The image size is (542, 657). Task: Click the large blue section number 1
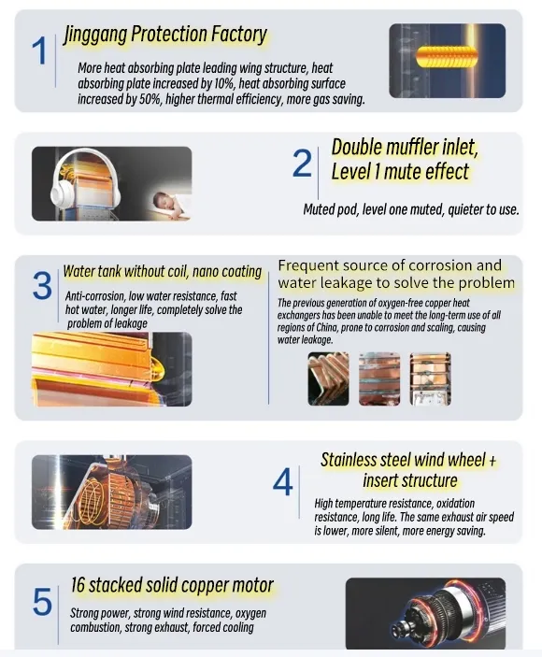(x=40, y=50)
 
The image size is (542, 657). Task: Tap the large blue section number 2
(x=302, y=163)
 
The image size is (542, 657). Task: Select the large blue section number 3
(x=42, y=286)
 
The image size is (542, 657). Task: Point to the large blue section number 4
(x=282, y=482)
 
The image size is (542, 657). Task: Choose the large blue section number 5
(x=42, y=602)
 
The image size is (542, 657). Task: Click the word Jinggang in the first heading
(x=94, y=35)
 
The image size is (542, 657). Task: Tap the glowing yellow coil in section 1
(x=447, y=57)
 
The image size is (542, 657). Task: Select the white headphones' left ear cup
(x=61, y=194)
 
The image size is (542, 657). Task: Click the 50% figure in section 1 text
(x=150, y=99)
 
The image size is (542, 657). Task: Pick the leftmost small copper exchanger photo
(x=328, y=378)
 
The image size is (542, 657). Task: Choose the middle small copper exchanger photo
(x=379, y=378)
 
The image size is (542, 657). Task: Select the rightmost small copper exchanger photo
(x=430, y=378)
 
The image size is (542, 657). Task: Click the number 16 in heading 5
(x=78, y=585)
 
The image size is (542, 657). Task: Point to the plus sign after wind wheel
(x=492, y=461)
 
